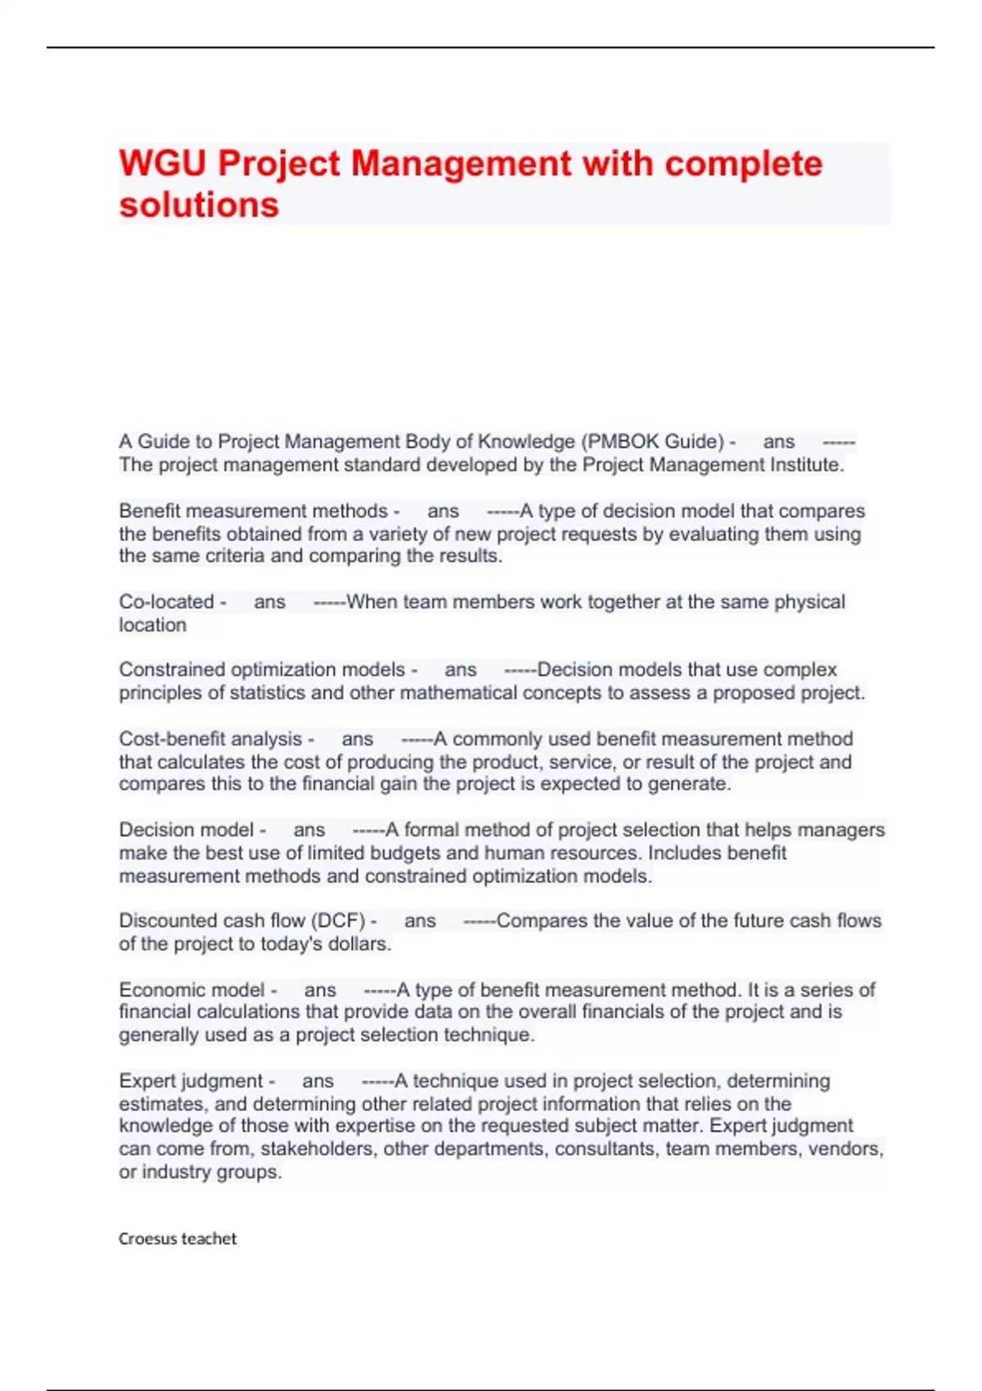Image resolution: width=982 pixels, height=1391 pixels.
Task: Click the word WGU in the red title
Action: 162,164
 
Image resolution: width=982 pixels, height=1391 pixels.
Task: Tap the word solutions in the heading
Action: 199,205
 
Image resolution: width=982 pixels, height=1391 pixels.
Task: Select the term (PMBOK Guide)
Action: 652,442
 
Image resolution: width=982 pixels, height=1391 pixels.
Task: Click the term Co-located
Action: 166,602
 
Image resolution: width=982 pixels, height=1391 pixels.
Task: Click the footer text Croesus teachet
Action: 178,1239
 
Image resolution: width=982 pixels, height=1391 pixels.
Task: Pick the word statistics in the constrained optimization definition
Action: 267,693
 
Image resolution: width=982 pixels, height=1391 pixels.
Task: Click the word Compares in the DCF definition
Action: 542,921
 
